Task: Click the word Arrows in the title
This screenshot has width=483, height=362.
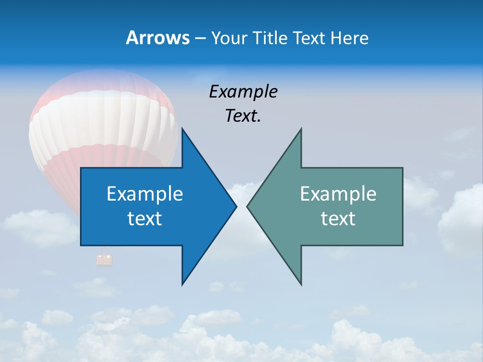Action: click(x=157, y=38)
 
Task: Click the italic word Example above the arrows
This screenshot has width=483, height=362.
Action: click(x=243, y=92)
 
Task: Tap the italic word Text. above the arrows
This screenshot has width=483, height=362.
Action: click(x=243, y=116)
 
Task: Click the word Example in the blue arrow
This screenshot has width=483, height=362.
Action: click(x=145, y=194)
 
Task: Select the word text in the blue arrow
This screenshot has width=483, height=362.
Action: click(x=145, y=218)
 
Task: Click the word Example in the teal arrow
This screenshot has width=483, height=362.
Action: click(x=338, y=194)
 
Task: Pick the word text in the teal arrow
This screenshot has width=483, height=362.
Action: click(x=338, y=218)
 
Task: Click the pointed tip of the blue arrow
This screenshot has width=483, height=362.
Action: click(x=235, y=206)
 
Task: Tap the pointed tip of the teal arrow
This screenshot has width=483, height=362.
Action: click(x=248, y=206)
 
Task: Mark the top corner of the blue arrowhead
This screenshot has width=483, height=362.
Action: click(x=182, y=129)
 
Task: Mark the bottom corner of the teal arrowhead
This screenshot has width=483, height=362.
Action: click(x=301, y=284)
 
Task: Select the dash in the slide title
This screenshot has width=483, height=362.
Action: click(x=199, y=38)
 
